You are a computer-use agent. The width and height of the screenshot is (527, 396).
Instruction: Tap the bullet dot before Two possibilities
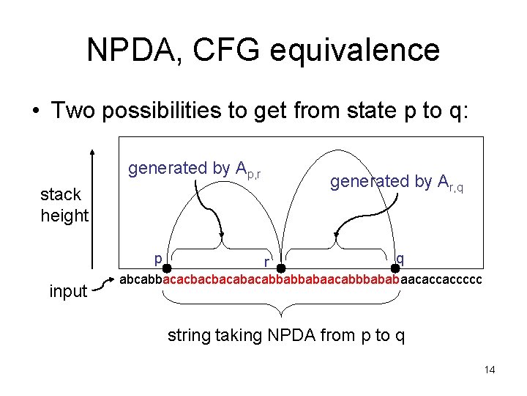coord(34,111)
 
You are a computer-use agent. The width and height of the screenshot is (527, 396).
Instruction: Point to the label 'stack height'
coord(64,205)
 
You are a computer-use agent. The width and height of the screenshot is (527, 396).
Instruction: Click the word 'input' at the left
coord(68,291)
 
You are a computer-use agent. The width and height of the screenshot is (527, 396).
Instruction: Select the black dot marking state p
coord(167,269)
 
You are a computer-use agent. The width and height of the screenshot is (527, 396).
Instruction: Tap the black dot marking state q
coord(395,269)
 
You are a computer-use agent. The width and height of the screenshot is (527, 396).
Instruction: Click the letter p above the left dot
coord(158,258)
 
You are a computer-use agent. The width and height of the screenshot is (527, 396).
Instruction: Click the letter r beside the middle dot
coord(268,262)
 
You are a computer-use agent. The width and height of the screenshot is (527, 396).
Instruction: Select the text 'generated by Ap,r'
coord(195,169)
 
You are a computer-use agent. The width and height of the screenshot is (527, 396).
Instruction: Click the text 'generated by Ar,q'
coord(397,182)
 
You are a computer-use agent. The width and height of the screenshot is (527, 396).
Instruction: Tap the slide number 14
coord(490,370)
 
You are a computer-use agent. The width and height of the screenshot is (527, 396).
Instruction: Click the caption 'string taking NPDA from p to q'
coord(286,336)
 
